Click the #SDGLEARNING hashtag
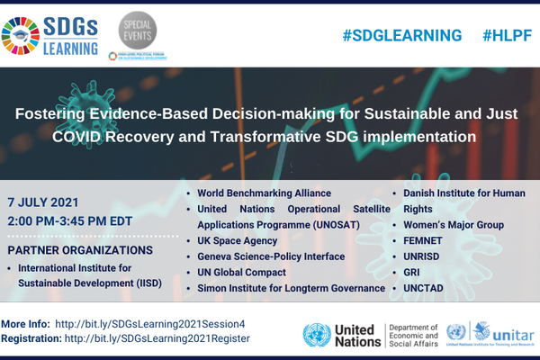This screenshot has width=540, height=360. (x=402, y=35)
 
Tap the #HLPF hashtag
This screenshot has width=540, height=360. (x=506, y=35)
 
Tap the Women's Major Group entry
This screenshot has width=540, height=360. (x=452, y=224)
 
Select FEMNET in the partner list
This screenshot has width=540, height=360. (x=424, y=240)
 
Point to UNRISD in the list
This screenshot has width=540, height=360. (x=423, y=256)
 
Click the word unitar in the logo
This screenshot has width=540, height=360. (x=501, y=331)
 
